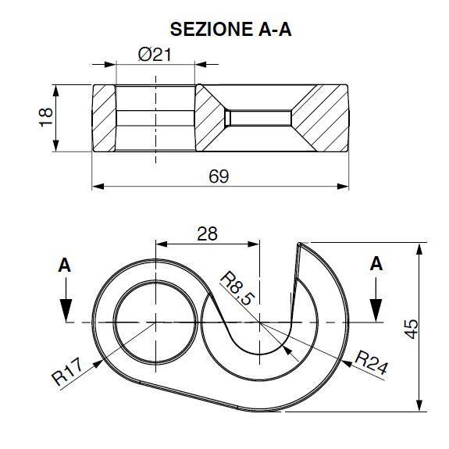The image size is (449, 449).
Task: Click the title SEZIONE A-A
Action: [x=231, y=29]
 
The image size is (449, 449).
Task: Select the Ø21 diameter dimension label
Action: [x=155, y=55]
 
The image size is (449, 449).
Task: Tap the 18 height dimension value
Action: [x=46, y=117]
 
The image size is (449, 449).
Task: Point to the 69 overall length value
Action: [x=219, y=176]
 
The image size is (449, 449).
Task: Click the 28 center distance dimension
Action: [x=207, y=233]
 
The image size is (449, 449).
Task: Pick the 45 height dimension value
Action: [x=412, y=329]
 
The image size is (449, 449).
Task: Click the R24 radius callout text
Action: [x=371, y=364]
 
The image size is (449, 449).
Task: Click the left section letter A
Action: [x=65, y=265]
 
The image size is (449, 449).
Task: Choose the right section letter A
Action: [x=376, y=264]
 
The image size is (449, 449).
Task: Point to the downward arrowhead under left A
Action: [x=66, y=311]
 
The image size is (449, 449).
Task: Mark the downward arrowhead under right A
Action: [x=376, y=311]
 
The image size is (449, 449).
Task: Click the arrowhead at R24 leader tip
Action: [x=347, y=364]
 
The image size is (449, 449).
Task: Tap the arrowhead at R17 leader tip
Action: [x=98, y=364]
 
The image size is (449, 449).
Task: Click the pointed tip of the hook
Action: [x=298, y=244]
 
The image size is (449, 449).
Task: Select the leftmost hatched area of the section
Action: [x=104, y=118]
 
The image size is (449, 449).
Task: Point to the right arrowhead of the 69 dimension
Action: [x=343, y=187]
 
